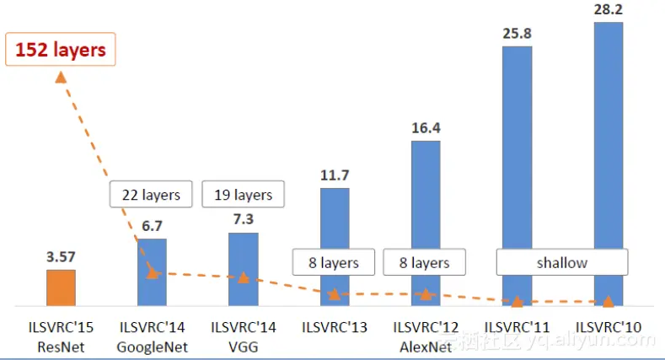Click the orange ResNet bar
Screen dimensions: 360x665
click(61, 287)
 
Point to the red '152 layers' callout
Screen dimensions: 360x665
click(61, 50)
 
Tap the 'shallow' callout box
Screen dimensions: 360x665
click(562, 263)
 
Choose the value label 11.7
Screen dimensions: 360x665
click(335, 175)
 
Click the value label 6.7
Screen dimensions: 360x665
click(152, 226)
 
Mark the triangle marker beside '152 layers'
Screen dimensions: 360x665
click(61, 77)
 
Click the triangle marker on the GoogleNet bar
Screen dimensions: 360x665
click(153, 272)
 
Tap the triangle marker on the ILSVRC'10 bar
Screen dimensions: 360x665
click(609, 301)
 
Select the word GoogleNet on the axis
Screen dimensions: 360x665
click(153, 347)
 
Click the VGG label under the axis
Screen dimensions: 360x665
click(244, 347)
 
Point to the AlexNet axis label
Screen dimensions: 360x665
click(426, 347)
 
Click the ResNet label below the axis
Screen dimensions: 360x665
click(61, 347)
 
